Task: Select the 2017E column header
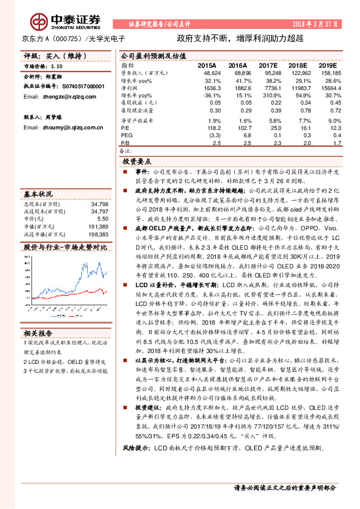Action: pyautogui.click(x=267, y=65)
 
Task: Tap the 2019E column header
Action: pyautogui.click(x=327, y=65)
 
